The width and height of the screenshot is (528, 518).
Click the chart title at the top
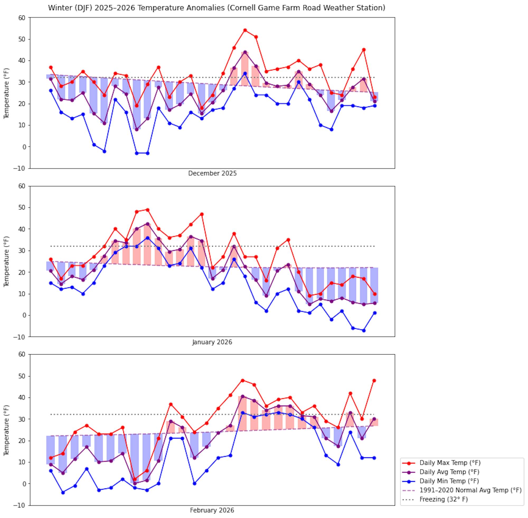tap(216, 8)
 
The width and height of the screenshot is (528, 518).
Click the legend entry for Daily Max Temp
tap(450, 463)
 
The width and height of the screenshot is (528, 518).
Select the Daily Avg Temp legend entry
tap(449, 472)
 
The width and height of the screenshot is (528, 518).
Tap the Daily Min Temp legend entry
tap(449, 481)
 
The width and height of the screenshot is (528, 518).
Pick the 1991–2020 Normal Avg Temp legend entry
tap(470, 490)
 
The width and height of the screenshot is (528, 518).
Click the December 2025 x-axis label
tap(212, 173)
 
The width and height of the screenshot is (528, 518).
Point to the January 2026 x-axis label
tap(212, 342)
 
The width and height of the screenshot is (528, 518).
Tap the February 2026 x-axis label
tap(212, 510)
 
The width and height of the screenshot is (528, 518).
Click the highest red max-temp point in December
tap(245, 30)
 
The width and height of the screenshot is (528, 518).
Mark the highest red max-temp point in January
tap(148, 210)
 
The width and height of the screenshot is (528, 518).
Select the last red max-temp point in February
tap(374, 381)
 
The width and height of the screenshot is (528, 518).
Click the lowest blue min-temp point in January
tap(364, 330)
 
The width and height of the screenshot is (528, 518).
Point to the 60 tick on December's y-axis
tap(22, 18)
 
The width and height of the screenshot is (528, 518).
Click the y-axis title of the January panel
tap(6, 261)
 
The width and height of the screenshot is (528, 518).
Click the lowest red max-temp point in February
tap(135, 480)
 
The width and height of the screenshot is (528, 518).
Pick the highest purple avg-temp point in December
tap(245, 52)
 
